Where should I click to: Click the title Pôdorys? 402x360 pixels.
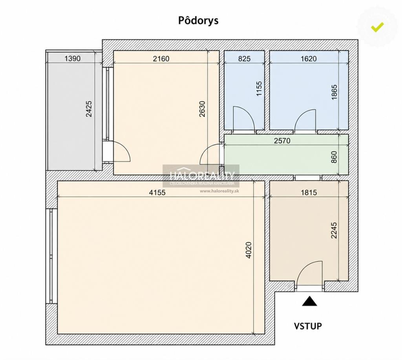[198, 21]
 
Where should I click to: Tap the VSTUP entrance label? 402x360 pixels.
[308, 326]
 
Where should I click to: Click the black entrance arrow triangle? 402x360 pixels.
[309, 301]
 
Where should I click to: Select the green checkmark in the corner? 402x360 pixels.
[377, 27]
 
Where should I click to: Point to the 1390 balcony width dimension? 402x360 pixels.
[72, 59]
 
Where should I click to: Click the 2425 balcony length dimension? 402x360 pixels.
[89, 109]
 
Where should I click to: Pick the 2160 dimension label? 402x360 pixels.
[161, 59]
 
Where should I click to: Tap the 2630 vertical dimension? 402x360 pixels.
[202, 109]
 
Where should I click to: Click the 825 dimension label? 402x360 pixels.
[244, 59]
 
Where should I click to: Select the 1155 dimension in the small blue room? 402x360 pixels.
[259, 89]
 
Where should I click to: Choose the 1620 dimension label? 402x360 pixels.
[309, 59]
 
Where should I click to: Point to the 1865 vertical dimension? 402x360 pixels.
[334, 92]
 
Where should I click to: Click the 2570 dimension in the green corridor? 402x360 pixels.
[282, 140]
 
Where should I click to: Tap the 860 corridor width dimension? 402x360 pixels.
[334, 157]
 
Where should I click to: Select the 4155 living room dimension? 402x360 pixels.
[157, 192]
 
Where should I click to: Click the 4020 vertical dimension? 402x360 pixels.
[249, 250]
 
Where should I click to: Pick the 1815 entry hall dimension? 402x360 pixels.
[309, 192]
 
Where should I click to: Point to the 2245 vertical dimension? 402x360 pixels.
[334, 230]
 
